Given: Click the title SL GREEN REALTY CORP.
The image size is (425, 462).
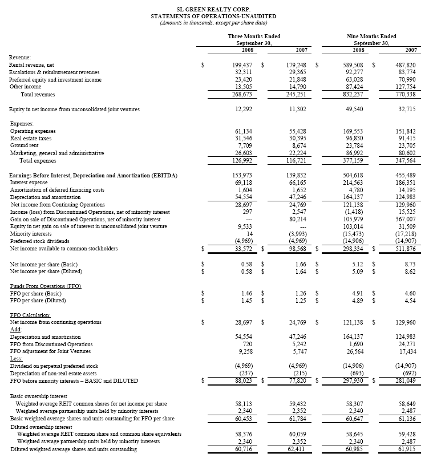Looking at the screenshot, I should click(212, 10).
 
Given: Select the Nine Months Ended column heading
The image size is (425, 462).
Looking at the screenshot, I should click(371, 36).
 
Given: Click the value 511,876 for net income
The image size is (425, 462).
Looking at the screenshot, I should click(406, 249).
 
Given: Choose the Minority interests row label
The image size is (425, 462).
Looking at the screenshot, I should click(30, 234).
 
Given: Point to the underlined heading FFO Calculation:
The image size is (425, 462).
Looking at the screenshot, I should click(30, 315).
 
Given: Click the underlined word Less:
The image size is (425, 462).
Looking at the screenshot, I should click(17, 359).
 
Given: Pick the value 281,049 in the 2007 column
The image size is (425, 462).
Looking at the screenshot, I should click(406, 381).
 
